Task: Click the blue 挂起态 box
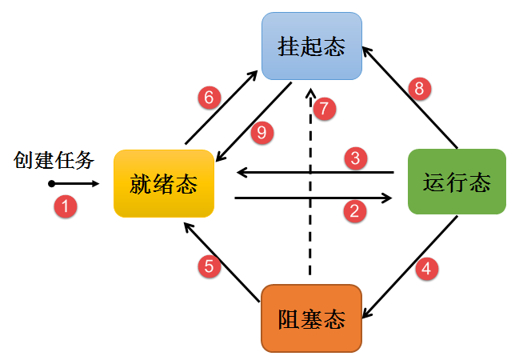pos(312,47)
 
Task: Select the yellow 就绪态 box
pos(163,183)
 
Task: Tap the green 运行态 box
pos(457,182)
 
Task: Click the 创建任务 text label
pos(54,160)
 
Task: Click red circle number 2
pos(354,210)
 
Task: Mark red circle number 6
pos(209,98)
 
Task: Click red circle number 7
pos(324,110)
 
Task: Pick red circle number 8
pos(418,88)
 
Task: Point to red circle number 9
pos(261,133)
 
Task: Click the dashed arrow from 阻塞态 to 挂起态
pos(309,192)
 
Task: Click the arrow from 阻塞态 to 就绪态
pos(222,261)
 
